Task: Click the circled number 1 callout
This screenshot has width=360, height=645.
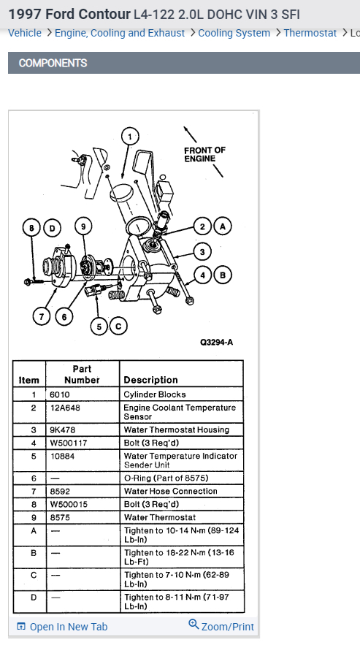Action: click(130, 137)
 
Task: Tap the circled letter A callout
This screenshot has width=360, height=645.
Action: click(223, 226)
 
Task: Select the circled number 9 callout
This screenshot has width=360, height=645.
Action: click(83, 226)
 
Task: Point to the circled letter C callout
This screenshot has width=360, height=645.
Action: click(118, 327)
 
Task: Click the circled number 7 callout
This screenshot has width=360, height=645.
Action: click(41, 317)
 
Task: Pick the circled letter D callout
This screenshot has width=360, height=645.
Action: click(52, 228)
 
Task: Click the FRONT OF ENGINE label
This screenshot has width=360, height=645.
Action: click(205, 154)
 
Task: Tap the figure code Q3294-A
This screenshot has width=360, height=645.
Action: click(216, 343)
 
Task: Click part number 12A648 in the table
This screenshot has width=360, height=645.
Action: click(65, 408)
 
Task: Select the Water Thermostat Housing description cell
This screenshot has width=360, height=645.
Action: click(177, 430)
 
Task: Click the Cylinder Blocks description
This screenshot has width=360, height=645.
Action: click(155, 394)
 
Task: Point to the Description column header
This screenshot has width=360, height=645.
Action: click(150, 380)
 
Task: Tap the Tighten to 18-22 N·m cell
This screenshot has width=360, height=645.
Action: click(179, 557)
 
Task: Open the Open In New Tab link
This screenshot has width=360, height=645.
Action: click(62, 627)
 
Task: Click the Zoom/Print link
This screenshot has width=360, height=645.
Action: click(221, 626)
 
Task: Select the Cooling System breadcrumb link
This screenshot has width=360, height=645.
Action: click(234, 33)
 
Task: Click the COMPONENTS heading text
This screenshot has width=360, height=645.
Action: click(53, 63)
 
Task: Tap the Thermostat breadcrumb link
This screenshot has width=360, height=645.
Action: click(310, 33)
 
